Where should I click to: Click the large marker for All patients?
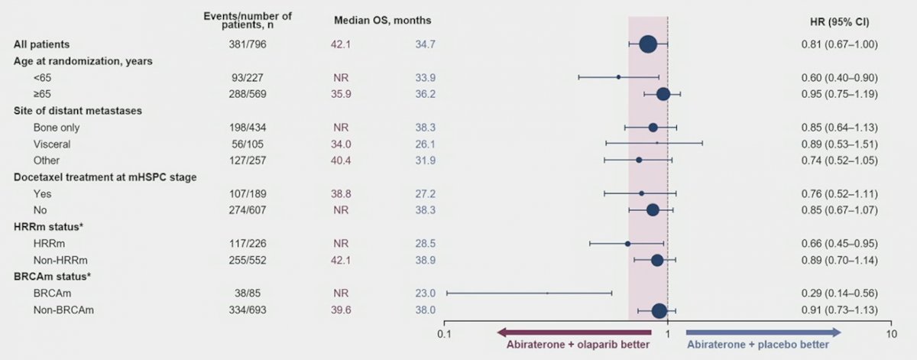click(647, 44)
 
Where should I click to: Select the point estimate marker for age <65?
click(618, 77)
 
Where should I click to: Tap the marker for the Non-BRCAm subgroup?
click(659, 310)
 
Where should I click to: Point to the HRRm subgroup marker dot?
click(627, 243)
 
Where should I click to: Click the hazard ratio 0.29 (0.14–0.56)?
click(839, 293)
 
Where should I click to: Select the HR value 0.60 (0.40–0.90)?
click(839, 77)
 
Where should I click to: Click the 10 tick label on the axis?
click(889, 335)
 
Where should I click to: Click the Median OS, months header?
click(381, 21)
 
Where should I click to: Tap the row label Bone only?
click(56, 127)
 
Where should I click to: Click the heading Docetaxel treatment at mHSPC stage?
click(105, 177)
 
